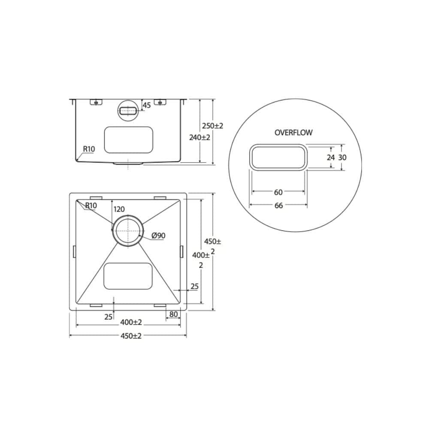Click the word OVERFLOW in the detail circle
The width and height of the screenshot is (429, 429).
(x=293, y=133)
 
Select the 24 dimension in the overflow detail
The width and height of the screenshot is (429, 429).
(x=330, y=157)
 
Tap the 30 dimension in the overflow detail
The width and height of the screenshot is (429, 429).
(x=342, y=157)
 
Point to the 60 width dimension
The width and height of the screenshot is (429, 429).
(x=278, y=192)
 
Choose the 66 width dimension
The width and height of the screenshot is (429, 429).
(x=278, y=205)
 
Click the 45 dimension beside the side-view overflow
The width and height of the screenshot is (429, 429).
(x=146, y=105)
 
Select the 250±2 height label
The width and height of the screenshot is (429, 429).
(x=213, y=126)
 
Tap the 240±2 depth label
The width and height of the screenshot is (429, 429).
(x=199, y=138)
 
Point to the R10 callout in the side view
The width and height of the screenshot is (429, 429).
(x=89, y=149)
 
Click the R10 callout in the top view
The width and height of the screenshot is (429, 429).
(x=91, y=205)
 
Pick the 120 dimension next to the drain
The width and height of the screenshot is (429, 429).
(x=119, y=209)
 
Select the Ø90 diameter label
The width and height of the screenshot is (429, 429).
(x=158, y=235)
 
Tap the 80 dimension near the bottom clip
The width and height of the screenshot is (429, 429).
(x=173, y=314)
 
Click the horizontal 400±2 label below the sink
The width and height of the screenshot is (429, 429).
(x=131, y=322)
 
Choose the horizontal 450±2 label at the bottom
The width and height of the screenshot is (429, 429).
(x=131, y=336)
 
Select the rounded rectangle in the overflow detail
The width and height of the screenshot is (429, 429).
(x=278, y=157)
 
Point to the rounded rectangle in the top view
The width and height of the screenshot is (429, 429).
(x=128, y=276)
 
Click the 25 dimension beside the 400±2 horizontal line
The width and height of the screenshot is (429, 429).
(x=108, y=317)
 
